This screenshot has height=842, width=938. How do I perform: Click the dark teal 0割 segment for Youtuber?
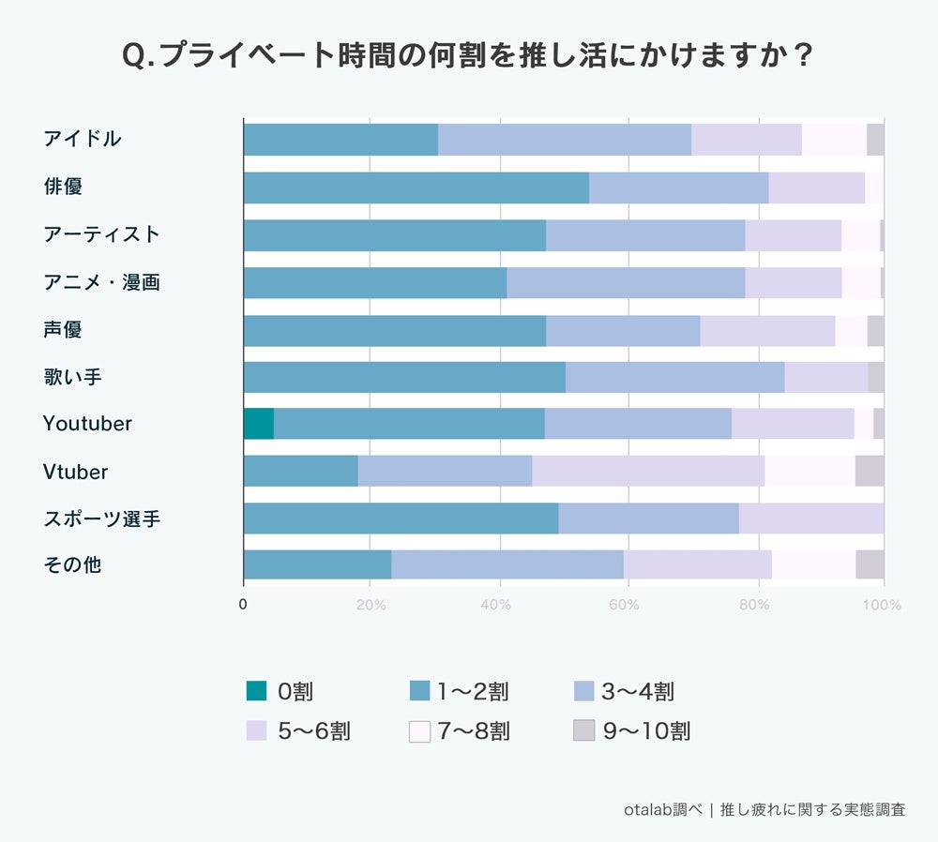pos(258,424)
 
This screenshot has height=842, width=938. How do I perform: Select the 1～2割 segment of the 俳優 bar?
pos(416,188)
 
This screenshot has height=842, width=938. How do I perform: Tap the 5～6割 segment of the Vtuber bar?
pos(648,471)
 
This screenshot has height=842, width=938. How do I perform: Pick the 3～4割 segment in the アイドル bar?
pos(564,140)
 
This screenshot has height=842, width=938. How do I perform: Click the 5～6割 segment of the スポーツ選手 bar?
pos(811,519)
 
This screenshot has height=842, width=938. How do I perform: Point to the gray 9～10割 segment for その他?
pos(870,565)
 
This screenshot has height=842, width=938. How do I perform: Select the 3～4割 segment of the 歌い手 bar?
pos(674,377)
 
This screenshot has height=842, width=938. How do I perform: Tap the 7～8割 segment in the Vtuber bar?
pos(809,471)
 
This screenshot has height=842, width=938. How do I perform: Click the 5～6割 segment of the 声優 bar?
pos(767,330)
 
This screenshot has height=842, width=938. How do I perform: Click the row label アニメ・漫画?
pos(101,281)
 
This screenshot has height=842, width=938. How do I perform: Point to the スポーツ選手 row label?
pos(101,519)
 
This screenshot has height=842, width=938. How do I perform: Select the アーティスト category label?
pos(101,234)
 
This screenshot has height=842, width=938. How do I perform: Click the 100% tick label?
pos(882,606)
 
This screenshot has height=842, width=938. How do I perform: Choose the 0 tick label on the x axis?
pos(243,606)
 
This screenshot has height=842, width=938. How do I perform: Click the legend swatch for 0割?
pos(256,692)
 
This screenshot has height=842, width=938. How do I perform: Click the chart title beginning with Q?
pos(468,55)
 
